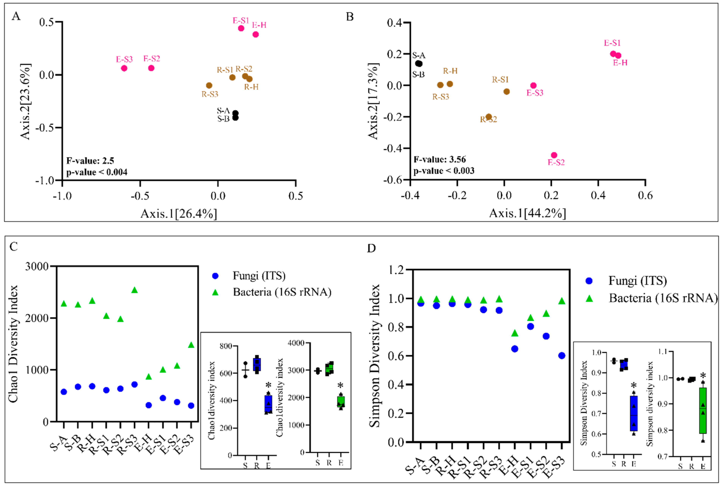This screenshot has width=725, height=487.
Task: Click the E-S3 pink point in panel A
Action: (124, 68)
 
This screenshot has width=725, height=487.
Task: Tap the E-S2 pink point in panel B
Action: (554, 155)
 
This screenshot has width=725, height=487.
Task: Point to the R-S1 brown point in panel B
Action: (507, 91)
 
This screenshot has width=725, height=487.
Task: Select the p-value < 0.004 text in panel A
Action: (97, 172)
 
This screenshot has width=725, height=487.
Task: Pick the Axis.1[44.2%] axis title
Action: (528, 213)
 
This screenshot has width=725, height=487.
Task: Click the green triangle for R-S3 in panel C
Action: (134, 290)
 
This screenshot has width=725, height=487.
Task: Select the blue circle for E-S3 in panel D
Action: (562, 356)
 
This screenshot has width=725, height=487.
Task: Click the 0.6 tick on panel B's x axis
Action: (645, 195)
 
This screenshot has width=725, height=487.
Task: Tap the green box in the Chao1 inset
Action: (341, 401)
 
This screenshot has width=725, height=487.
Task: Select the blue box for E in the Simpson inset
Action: (634, 413)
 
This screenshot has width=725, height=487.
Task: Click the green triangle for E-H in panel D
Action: (515, 333)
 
